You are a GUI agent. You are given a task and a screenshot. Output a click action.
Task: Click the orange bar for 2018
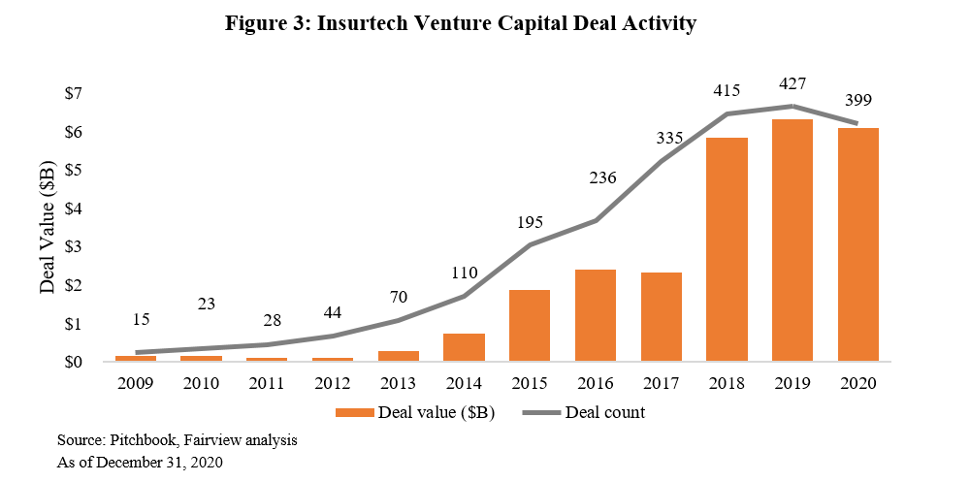point(727,249)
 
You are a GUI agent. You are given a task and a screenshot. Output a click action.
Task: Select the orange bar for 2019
point(792,241)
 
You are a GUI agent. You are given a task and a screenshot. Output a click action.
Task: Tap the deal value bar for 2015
point(530,325)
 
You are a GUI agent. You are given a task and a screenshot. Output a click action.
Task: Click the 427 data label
point(792,83)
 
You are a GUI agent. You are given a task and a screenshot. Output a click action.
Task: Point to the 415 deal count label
point(727,90)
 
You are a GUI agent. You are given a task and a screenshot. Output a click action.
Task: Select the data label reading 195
point(530,222)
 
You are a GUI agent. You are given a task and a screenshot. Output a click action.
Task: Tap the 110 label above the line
point(465,273)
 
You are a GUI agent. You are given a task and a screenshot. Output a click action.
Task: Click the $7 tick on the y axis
point(74,94)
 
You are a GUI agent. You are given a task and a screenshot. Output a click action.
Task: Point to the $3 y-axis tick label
point(74,247)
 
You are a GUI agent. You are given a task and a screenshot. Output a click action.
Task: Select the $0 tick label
point(74,362)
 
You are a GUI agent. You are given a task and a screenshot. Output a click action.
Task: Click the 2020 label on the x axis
point(857,383)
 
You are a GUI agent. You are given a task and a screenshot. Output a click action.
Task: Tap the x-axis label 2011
point(267,383)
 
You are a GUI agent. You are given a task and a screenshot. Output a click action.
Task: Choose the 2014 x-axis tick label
point(464,383)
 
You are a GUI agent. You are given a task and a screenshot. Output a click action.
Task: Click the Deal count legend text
point(605,413)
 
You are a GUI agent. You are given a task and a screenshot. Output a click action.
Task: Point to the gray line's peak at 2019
point(792,106)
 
